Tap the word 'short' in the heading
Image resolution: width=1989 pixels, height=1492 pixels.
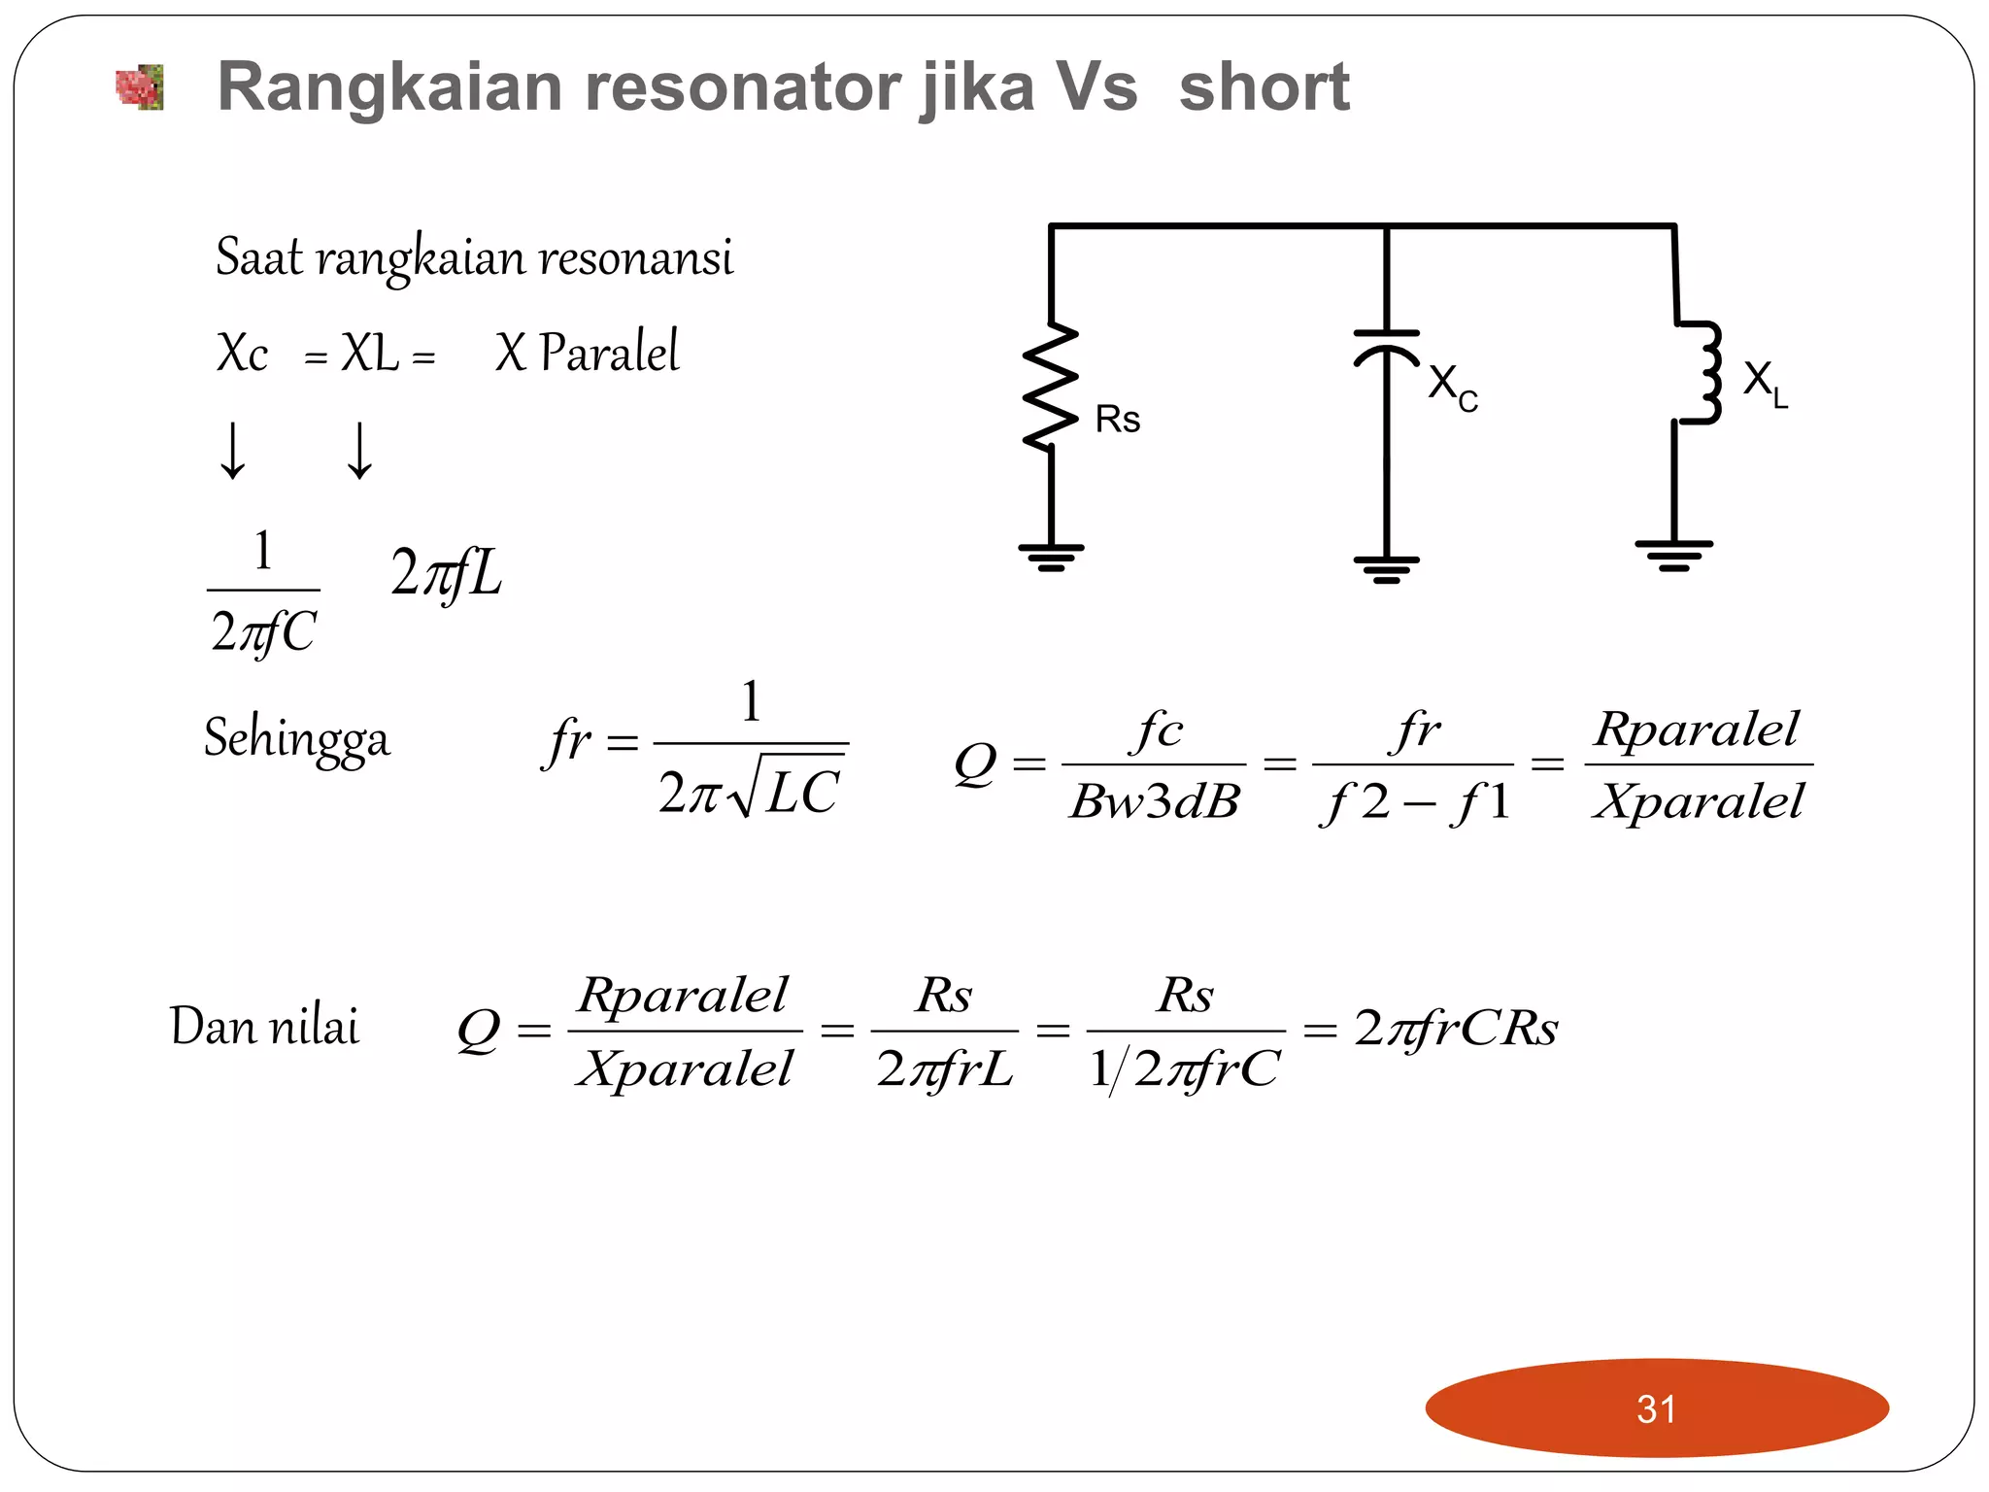pos(1264,87)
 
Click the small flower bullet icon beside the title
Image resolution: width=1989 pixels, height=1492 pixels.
pos(140,88)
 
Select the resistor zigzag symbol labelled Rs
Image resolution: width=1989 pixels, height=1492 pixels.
pos(1051,387)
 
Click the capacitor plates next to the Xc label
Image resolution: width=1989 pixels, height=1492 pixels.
pos(1386,345)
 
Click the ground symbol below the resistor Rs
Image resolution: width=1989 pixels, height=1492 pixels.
pos(1051,557)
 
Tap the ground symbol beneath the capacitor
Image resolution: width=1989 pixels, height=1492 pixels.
pos(1386,568)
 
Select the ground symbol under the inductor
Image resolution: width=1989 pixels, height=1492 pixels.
pos(1673,555)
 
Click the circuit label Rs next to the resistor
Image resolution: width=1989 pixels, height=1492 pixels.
pos(1117,420)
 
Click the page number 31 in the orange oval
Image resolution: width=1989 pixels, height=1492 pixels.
pos(1656,1408)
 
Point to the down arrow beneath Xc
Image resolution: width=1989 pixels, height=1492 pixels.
pos(232,451)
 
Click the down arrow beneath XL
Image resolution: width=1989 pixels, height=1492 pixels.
pos(359,451)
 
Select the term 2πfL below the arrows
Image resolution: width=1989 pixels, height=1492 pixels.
pos(447,573)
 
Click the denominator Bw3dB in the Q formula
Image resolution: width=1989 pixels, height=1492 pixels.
pos(1154,802)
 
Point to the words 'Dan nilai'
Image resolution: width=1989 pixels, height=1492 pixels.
pos(264,1027)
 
